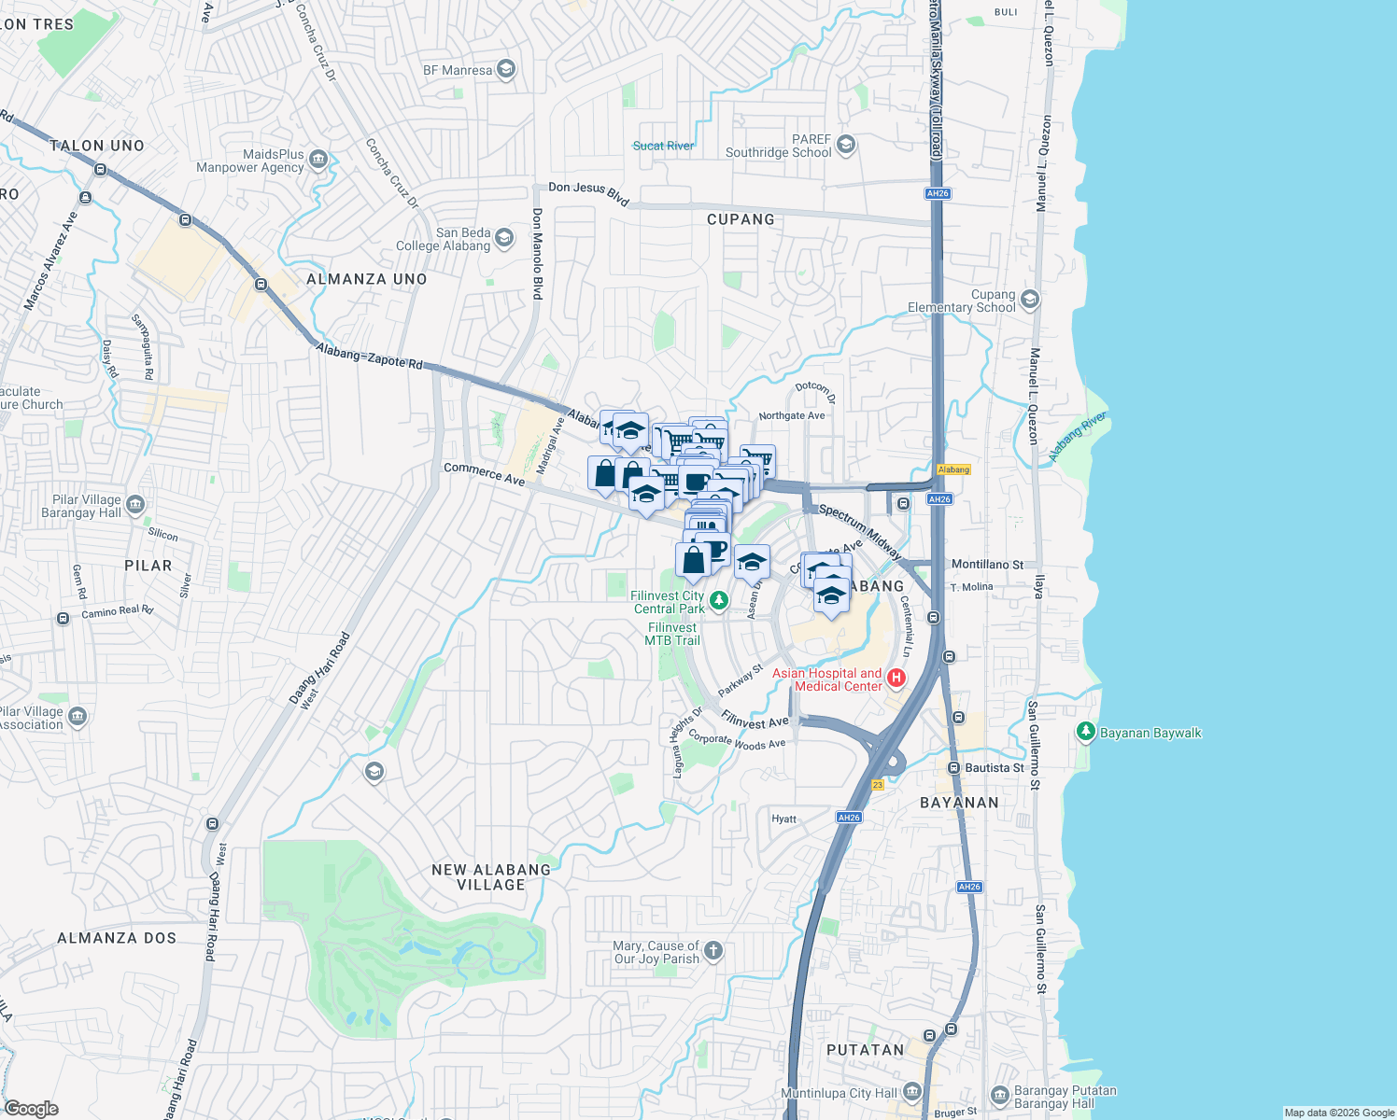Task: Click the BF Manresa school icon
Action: click(x=505, y=69)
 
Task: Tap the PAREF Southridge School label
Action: click(x=778, y=147)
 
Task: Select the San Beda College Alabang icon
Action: click(x=504, y=239)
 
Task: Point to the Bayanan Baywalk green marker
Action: click(x=1085, y=732)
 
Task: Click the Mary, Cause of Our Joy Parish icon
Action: click(x=713, y=951)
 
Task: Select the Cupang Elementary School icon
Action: click(x=1030, y=300)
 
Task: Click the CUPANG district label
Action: click(x=741, y=219)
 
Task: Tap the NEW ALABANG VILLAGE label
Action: click(x=491, y=877)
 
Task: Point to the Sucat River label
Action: click(x=663, y=146)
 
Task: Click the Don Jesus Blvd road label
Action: click(x=588, y=193)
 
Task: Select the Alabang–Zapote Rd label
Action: click(x=369, y=356)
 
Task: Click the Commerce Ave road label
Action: click(x=484, y=474)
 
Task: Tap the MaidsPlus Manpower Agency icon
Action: click(x=318, y=160)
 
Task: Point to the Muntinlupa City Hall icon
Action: click(x=912, y=1092)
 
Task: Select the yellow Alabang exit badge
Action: click(x=953, y=469)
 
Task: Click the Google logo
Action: click(x=31, y=1109)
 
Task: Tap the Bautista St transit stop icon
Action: click(x=953, y=768)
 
